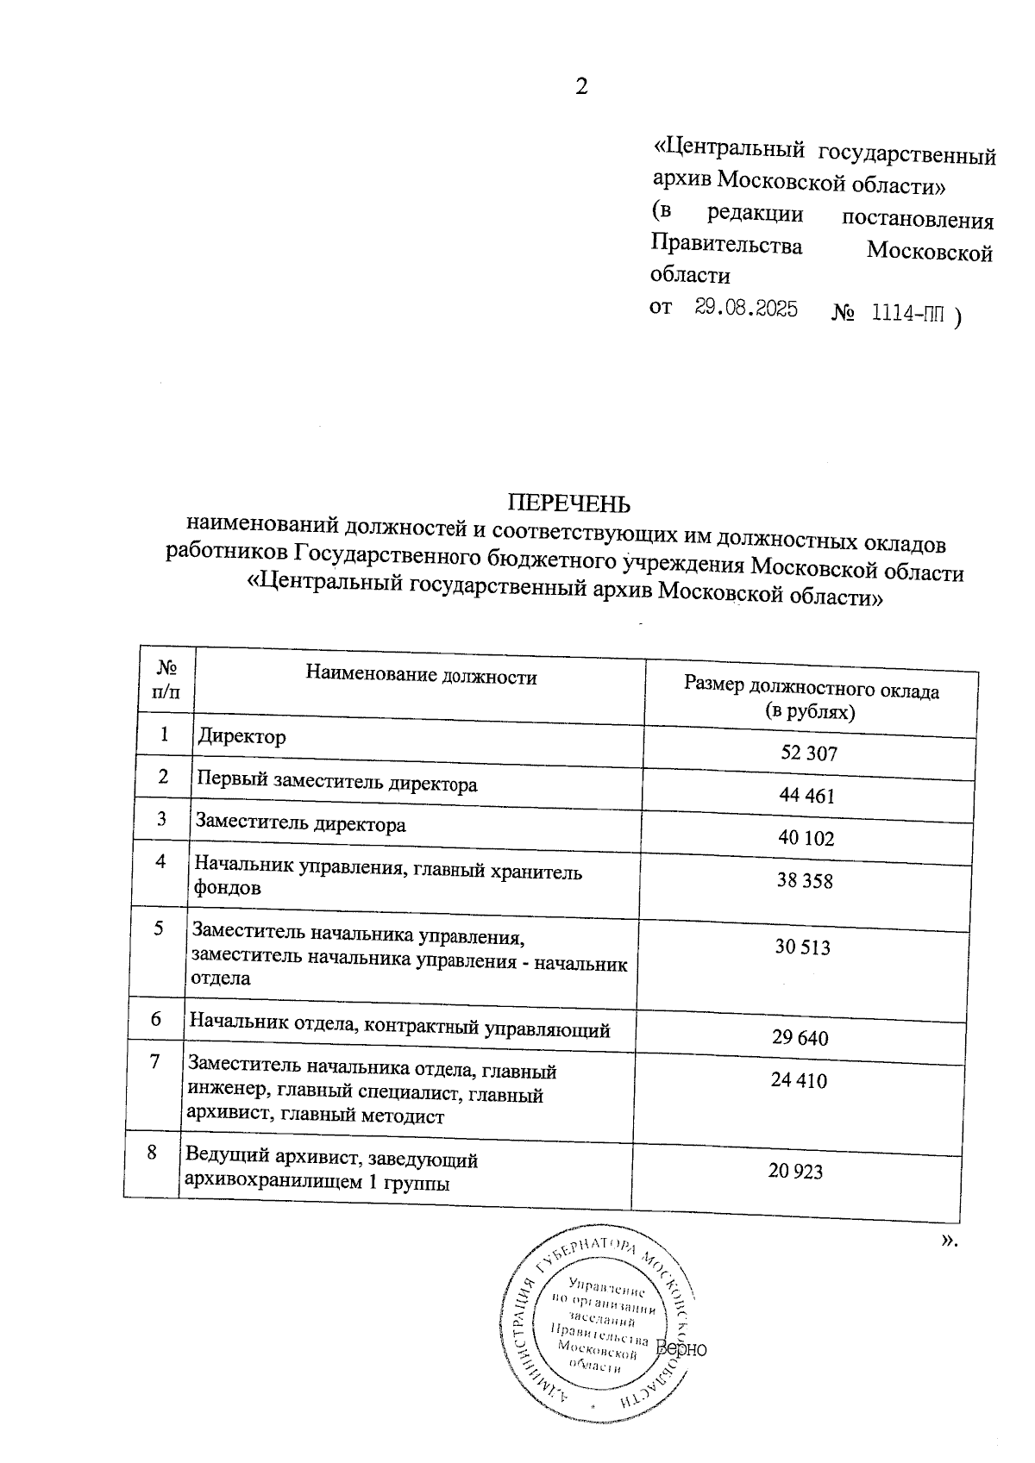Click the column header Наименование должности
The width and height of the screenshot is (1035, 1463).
421,677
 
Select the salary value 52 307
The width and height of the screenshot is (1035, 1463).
809,753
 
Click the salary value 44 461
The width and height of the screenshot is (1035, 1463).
806,796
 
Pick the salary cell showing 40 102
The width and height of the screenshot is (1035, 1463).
806,838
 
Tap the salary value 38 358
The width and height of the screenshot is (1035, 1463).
804,881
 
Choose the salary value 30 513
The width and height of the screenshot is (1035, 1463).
802,947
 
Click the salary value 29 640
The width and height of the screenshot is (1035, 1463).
800,1038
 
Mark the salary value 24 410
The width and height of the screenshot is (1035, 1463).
799,1080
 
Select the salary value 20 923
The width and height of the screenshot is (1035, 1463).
795,1171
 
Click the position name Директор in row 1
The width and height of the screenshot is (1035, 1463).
241,737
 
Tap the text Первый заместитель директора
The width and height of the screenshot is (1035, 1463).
337,784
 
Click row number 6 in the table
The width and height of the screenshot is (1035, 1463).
156,1019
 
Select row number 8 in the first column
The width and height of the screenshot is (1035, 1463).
152,1152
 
